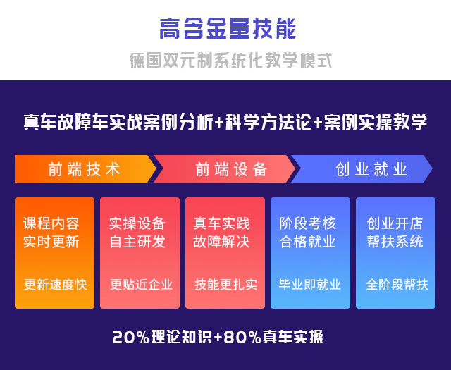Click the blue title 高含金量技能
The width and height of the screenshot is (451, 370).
click(x=228, y=28)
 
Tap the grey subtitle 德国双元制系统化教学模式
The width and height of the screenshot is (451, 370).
click(x=230, y=60)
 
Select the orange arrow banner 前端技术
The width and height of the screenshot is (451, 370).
click(x=85, y=169)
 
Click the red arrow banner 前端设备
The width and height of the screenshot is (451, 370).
click(x=224, y=169)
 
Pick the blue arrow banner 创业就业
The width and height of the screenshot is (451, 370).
click(x=362, y=169)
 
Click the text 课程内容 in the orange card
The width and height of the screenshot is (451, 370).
click(x=51, y=223)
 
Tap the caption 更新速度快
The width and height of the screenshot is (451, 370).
click(x=55, y=285)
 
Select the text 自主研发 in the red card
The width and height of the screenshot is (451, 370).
click(x=137, y=242)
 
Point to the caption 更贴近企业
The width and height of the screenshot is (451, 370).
click(x=141, y=285)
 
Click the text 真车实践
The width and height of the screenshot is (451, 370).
click(x=222, y=223)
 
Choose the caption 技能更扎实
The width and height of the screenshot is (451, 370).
click(x=225, y=285)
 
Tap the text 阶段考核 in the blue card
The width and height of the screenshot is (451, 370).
click(x=307, y=223)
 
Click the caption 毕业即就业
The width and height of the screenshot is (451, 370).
click(x=310, y=285)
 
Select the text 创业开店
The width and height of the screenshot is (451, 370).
click(x=395, y=223)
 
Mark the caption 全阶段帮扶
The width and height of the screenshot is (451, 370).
click(x=397, y=285)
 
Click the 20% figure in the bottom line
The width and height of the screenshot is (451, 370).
click(x=131, y=337)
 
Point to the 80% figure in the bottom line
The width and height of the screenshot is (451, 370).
click(x=242, y=337)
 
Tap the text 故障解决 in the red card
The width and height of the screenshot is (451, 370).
click(x=222, y=242)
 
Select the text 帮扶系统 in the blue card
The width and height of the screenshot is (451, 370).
click(x=395, y=242)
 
